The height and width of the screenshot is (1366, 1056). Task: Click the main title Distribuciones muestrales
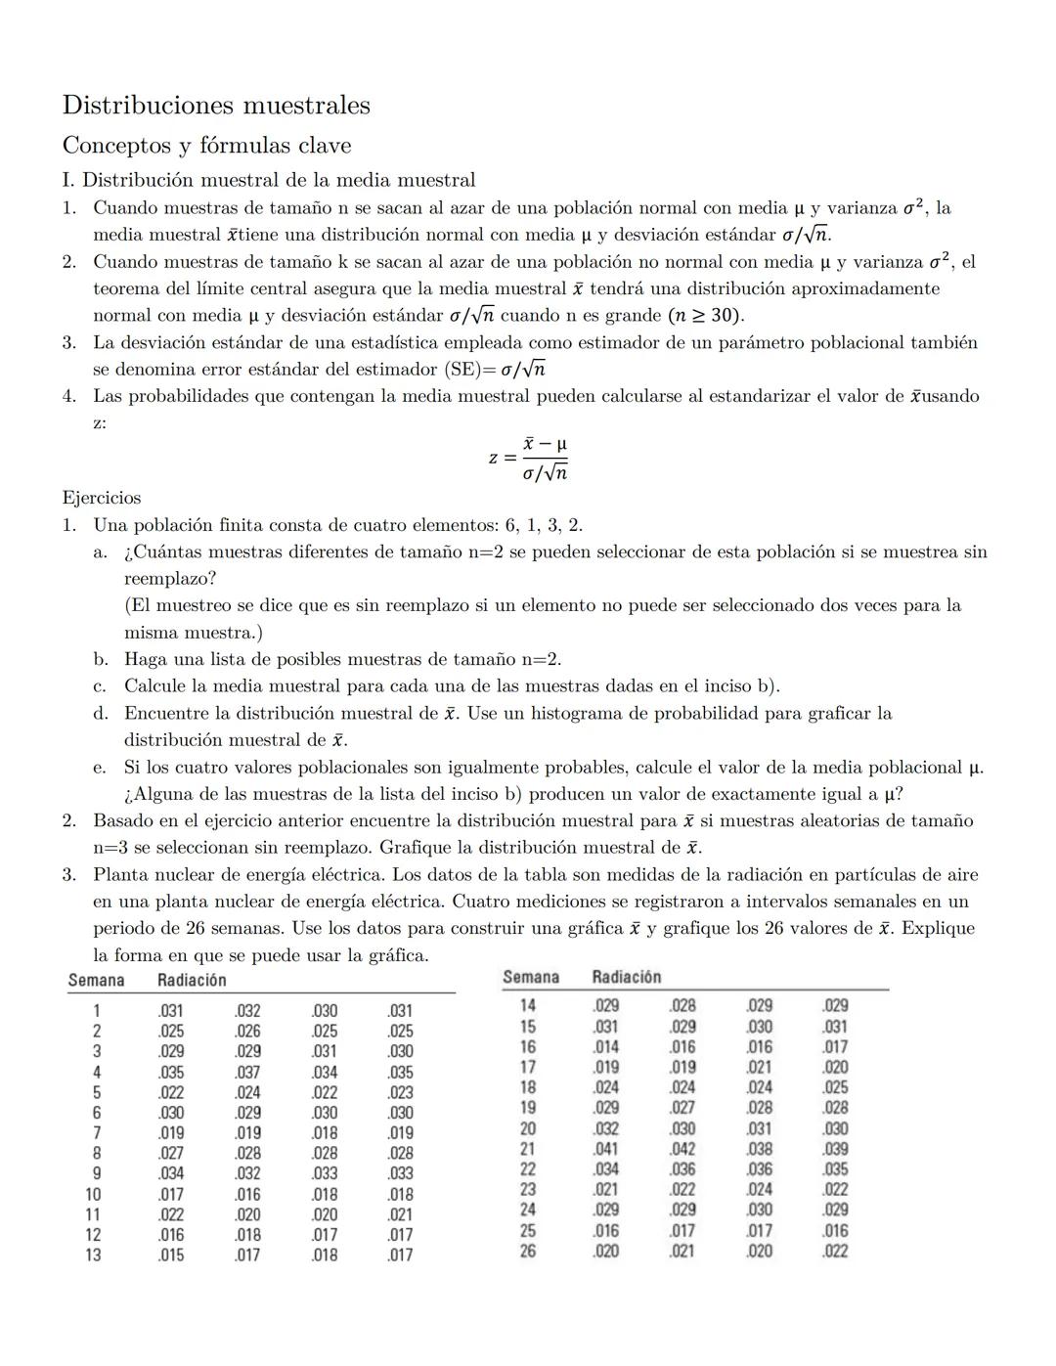216,105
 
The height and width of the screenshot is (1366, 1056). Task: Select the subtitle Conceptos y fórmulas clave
206,146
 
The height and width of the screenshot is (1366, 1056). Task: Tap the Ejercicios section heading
102,498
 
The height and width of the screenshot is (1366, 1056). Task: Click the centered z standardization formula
528,458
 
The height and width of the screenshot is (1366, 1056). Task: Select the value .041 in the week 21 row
605,1149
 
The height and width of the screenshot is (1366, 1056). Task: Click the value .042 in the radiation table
682,1149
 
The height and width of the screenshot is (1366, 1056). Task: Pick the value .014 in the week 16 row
605,1046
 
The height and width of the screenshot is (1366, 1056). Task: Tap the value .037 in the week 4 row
247,1072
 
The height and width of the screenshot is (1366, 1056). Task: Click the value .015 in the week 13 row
170,1255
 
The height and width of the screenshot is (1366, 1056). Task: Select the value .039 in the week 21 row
835,1149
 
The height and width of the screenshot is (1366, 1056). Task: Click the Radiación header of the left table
192,980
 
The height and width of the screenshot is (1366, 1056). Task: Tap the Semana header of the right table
531,977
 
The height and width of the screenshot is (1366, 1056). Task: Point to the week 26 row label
527,1251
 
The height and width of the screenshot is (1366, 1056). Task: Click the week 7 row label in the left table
97,1133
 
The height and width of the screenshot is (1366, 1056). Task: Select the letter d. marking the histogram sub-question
101,714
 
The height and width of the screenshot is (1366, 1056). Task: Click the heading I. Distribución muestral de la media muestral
269,180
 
